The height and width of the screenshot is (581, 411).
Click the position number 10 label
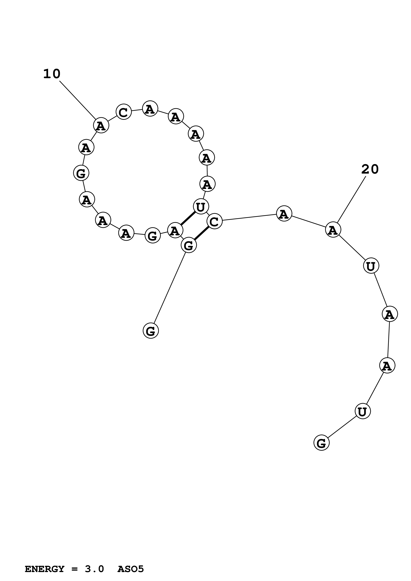point(52,74)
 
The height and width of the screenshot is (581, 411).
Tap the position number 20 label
point(370,169)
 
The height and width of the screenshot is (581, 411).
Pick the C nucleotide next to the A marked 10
point(124,112)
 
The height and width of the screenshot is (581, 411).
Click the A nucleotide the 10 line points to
point(101,125)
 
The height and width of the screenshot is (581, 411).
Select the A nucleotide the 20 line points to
point(333,230)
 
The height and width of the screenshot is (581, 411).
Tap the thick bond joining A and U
point(188,218)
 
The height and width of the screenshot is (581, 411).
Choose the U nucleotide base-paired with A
point(201,207)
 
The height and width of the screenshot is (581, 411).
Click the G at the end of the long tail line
point(151,331)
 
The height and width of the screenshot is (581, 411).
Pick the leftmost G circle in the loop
point(81,173)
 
